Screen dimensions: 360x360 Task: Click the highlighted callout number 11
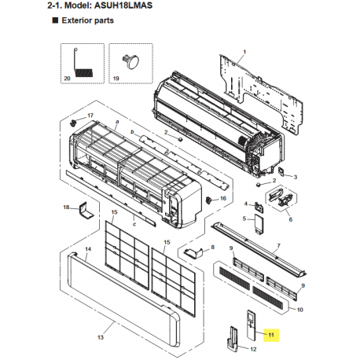271,335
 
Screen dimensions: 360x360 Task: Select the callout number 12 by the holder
253,349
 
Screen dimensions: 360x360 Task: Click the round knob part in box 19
130,62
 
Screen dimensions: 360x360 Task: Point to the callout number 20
67,79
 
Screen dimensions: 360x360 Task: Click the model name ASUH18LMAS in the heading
123,6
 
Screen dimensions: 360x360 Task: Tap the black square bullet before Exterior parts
55,20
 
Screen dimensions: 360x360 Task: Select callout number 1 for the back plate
244,52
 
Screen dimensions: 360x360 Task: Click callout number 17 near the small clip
90,116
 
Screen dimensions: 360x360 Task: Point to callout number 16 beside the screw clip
223,198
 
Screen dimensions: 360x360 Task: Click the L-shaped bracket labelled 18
86,211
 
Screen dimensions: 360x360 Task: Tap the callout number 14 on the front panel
88,248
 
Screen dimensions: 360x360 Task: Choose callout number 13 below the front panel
101,337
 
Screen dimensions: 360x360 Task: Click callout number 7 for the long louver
278,245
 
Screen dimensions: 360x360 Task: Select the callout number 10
299,310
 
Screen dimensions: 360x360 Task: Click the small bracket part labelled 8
194,252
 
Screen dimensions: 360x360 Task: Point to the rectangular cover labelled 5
259,223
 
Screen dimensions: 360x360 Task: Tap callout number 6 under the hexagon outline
290,219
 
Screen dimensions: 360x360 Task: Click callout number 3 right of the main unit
296,177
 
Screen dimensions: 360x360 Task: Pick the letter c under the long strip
134,224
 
